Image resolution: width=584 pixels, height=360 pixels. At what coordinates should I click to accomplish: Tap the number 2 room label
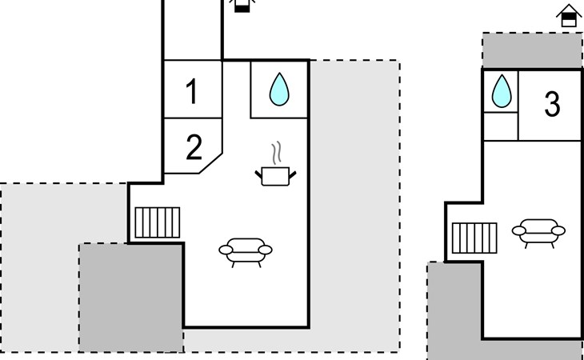194,147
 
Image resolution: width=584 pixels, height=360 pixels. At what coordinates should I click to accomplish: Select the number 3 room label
552,105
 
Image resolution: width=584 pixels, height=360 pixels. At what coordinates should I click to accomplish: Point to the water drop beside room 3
501,90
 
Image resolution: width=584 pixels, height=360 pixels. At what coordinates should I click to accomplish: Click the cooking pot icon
277,174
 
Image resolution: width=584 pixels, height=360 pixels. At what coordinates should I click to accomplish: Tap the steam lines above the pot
277,152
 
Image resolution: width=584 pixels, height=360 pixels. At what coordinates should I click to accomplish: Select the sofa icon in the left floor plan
244,250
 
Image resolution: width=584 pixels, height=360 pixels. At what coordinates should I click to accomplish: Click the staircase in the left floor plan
157,222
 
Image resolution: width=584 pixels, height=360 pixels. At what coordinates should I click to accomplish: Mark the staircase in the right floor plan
475,237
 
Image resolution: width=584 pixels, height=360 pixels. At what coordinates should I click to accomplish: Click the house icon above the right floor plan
568,16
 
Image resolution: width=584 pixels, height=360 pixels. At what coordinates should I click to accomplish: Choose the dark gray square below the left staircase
131,296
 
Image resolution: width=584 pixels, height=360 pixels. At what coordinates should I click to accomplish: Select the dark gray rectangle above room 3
532,50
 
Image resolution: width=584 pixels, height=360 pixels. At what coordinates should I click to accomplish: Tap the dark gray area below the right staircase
454,312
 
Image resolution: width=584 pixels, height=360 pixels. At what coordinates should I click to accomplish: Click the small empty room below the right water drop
501,125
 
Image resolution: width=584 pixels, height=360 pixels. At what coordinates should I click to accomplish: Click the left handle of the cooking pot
259,170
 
